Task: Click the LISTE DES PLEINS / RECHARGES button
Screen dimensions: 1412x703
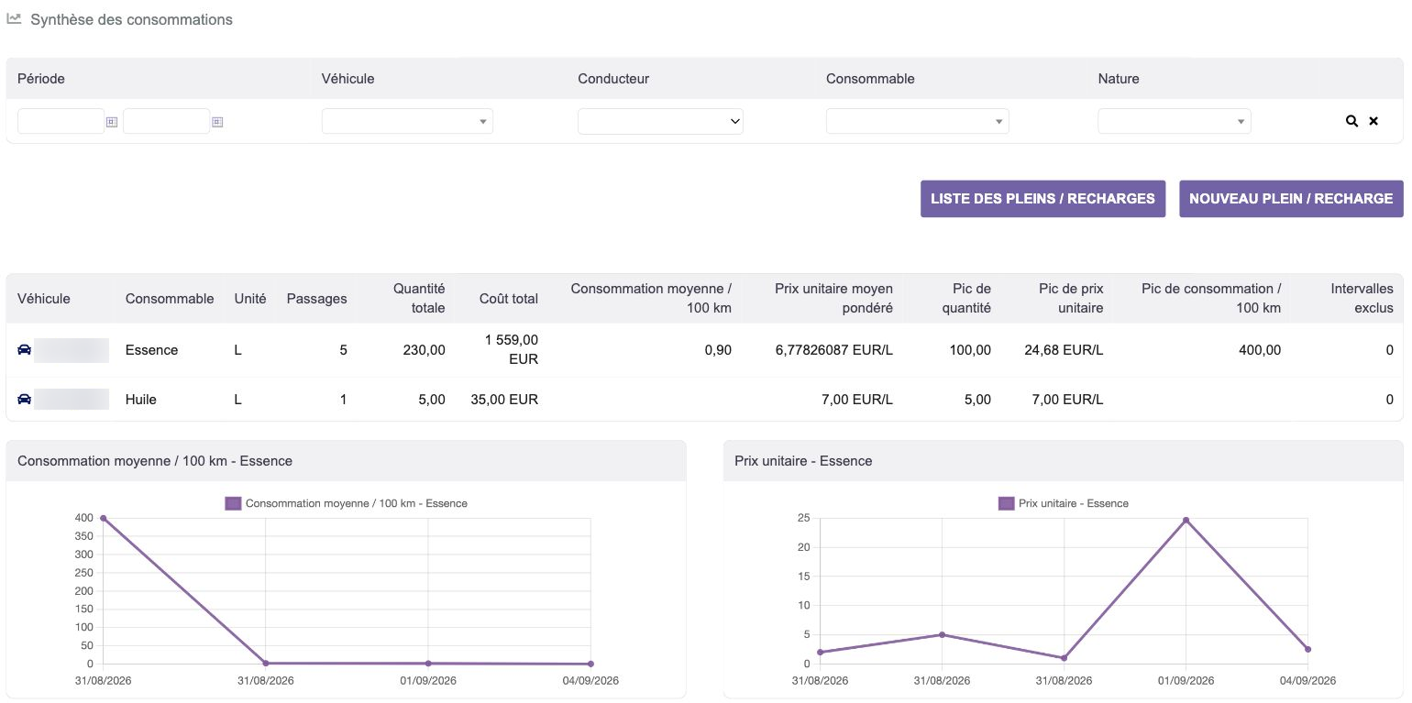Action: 1042,198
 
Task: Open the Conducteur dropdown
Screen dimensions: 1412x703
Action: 660,121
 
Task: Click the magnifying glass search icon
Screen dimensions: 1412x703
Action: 1351,121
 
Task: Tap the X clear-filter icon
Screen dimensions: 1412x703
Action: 1373,121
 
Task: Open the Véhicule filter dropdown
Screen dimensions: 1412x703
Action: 407,121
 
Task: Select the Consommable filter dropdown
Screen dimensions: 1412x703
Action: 917,121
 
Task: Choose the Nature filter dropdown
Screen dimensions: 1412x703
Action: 1175,121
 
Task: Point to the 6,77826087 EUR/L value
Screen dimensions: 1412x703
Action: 834,349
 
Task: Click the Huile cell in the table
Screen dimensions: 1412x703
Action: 140,400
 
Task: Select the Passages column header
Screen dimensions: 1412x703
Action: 316,299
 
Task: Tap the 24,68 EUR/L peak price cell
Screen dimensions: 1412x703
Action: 1064,349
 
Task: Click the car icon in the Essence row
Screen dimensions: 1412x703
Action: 24,349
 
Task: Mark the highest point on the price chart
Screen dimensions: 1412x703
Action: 1186,521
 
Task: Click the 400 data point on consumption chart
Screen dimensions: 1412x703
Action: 104,519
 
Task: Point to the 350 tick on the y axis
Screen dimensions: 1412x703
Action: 83,536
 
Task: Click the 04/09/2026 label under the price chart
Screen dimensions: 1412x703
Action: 1307,680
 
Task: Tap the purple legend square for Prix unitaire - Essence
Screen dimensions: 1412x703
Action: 1006,503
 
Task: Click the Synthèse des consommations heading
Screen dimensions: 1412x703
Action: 131,19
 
